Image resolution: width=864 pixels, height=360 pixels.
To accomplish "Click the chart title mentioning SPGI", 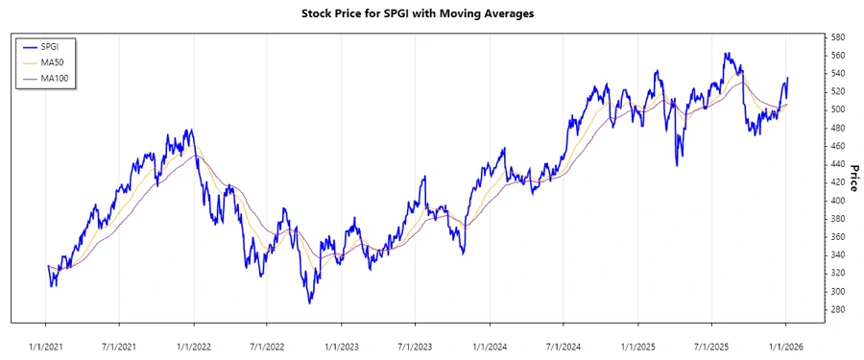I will click(x=431, y=14).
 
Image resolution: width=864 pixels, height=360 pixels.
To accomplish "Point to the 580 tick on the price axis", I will click(x=837, y=36).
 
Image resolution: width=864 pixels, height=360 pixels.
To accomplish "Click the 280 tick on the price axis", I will click(x=837, y=309).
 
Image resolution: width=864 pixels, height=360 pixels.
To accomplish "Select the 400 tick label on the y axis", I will click(x=837, y=201).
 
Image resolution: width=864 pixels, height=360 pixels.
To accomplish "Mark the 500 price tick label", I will click(x=837, y=109).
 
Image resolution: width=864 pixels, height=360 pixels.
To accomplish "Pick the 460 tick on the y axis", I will click(x=837, y=146).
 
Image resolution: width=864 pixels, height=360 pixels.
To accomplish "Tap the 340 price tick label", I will click(x=837, y=254).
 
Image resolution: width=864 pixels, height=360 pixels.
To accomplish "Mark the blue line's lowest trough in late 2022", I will click(x=310, y=303).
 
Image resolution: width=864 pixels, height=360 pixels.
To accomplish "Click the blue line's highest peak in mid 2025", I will click(x=727, y=54).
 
